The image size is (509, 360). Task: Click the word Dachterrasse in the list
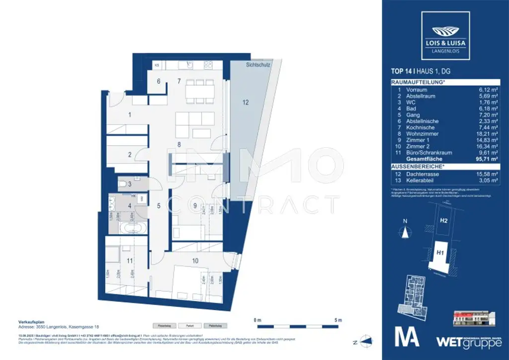[419, 174]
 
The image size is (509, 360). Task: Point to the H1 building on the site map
[440, 253]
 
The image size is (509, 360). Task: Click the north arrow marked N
[406, 230]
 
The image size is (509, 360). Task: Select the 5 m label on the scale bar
[338, 320]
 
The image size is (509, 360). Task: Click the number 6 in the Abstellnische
[159, 81]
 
